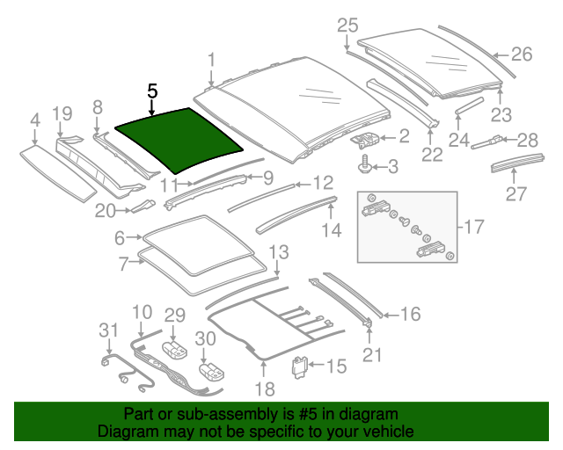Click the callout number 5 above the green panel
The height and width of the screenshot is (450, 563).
pos(152,91)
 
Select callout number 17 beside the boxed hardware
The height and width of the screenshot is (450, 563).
pos(473,228)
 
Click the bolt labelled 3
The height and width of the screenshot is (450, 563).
pos(362,163)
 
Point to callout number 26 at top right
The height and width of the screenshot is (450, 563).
pos(522,54)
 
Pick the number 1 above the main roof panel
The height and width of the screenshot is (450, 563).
pos(211,60)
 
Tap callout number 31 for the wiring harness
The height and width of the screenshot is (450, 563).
pos(107,330)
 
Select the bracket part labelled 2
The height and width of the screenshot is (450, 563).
pos(367,137)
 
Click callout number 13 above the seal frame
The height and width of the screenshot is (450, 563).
pos(277,253)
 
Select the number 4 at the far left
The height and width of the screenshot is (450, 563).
pos(34,120)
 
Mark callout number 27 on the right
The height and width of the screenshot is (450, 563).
pos(515,193)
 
